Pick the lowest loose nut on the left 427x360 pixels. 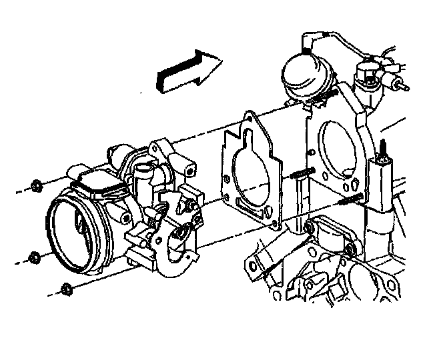click(x=65, y=289)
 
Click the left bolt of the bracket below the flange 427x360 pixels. click(x=309, y=229)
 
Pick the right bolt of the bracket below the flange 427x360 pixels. click(x=348, y=251)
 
